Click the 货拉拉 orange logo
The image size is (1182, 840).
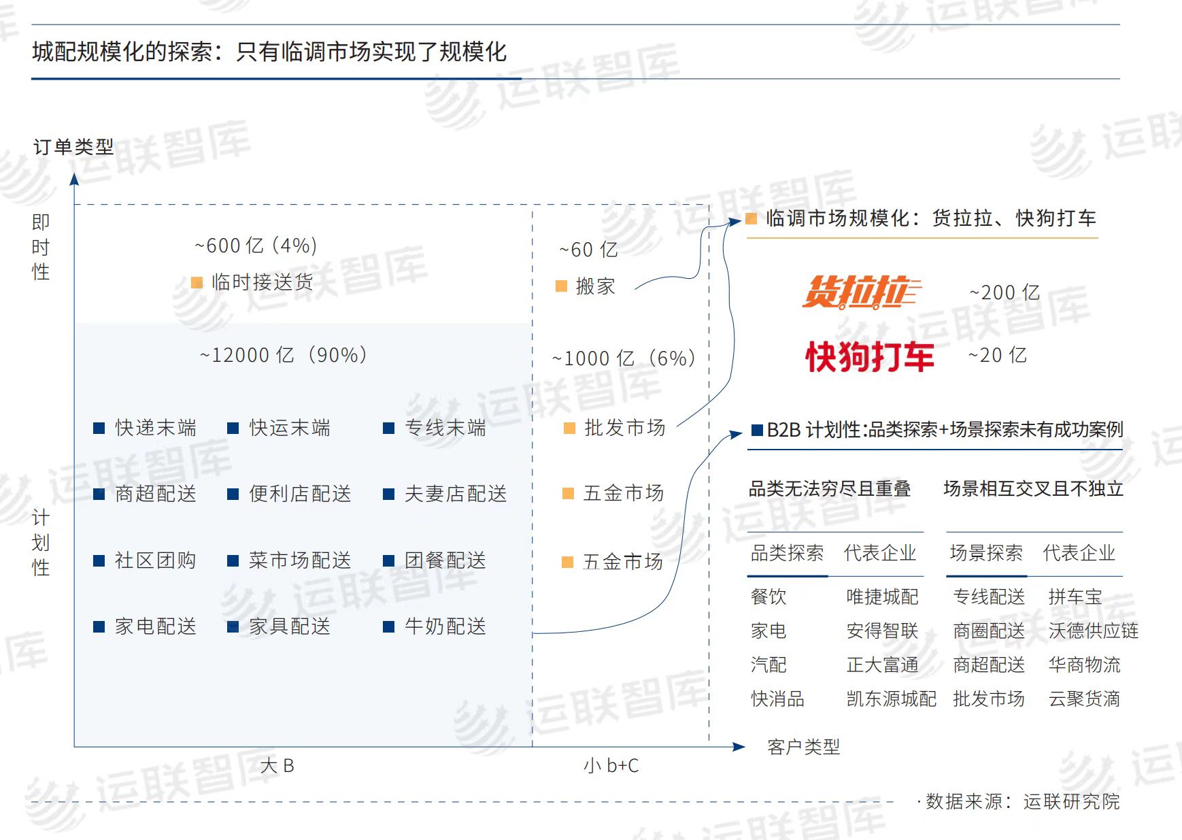[861, 292]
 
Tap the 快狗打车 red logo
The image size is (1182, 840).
[869, 356]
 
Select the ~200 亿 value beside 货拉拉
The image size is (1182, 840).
[1004, 292]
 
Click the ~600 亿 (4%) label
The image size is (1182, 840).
[256, 246]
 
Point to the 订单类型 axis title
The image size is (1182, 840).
[73, 147]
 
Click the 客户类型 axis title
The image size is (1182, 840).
[803, 747]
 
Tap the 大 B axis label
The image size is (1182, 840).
[277, 766]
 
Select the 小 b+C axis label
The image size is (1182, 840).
[611, 766]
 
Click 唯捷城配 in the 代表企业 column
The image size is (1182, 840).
[882, 597]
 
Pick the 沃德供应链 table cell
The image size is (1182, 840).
[1094, 631]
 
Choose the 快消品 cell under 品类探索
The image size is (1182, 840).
[777, 699]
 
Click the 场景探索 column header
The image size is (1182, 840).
[986, 553]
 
